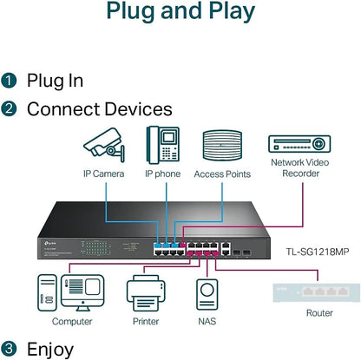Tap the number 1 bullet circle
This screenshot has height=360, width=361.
(x=10, y=81)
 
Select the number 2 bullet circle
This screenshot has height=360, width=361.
(x=10, y=109)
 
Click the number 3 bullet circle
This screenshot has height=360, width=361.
(x=10, y=349)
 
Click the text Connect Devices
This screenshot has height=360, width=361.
(x=100, y=109)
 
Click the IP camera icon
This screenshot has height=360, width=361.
(x=103, y=145)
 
